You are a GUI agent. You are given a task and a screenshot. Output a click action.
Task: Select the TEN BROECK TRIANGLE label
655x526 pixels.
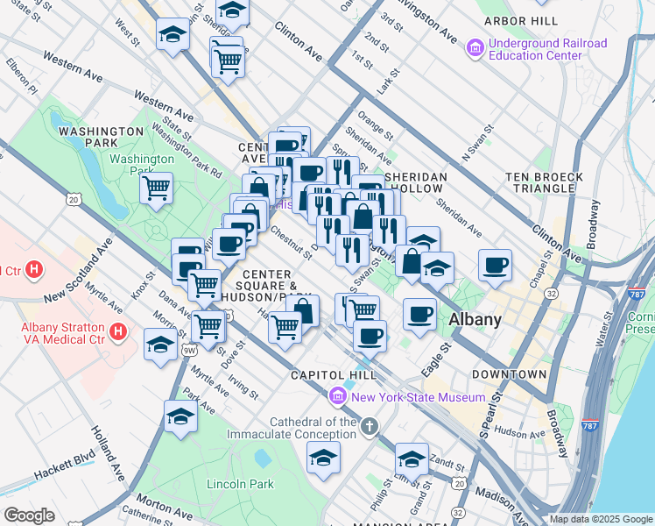(x=544, y=183)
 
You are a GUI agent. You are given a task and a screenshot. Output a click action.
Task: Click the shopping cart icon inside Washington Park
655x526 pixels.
(x=156, y=187)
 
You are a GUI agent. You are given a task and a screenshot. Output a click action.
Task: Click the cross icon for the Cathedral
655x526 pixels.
(x=370, y=427)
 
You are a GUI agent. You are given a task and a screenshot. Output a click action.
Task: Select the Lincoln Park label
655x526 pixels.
(x=240, y=484)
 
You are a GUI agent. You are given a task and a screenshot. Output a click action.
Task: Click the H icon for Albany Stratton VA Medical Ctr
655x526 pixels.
(x=118, y=333)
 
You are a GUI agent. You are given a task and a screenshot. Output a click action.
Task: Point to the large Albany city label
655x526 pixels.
(x=475, y=320)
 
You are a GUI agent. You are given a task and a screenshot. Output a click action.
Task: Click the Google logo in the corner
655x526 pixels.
(x=29, y=515)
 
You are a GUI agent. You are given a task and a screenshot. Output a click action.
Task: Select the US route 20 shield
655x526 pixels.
(x=74, y=200)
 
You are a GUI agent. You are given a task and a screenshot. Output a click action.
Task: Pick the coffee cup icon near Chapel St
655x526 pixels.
(x=496, y=265)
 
